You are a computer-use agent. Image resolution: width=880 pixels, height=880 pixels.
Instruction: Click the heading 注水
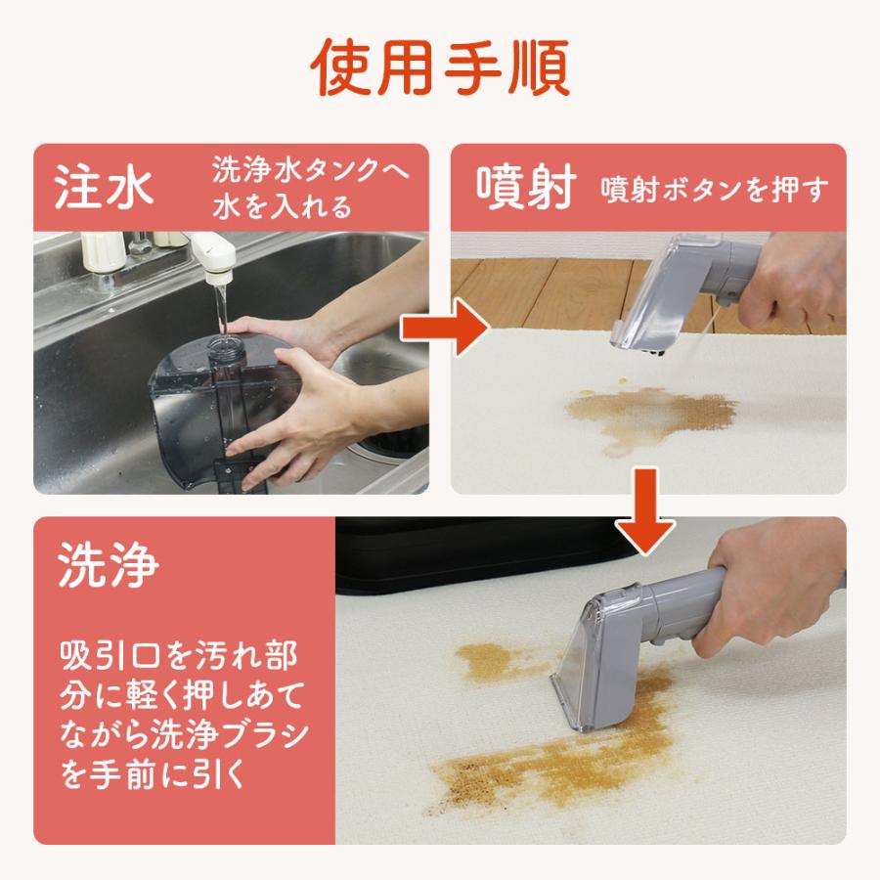pyautogui.click(x=104, y=187)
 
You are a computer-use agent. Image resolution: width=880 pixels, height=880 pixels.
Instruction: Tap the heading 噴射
pyautogui.click(x=524, y=187)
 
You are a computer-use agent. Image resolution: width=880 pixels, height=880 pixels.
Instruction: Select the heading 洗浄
pyautogui.click(x=108, y=569)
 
